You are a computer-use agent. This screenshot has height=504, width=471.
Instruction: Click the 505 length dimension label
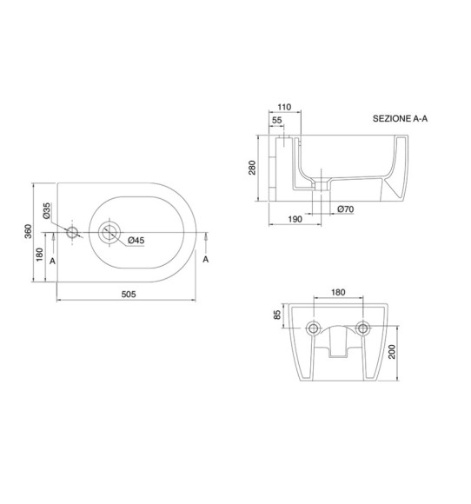point(129,294)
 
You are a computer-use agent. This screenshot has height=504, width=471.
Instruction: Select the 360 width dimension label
point(29,231)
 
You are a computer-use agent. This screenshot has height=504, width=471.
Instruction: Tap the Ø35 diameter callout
point(47,211)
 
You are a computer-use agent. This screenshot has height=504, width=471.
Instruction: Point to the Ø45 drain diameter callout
point(136,240)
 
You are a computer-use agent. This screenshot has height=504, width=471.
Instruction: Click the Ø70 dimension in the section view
point(346,209)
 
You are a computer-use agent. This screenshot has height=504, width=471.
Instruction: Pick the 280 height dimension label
point(252,168)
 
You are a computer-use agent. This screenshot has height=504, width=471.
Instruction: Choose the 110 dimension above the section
point(284,107)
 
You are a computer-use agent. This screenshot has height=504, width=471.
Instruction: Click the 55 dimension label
point(277,120)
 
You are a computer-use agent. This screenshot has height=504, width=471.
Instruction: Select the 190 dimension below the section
point(295,219)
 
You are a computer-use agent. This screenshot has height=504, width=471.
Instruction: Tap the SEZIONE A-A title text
point(400,118)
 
